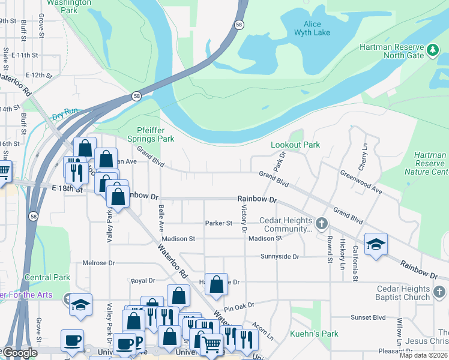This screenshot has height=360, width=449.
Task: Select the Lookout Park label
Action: tap(295, 145)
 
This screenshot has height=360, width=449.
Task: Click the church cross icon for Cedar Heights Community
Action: tap(322, 224)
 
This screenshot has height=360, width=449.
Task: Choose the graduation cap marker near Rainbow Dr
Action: tap(376, 244)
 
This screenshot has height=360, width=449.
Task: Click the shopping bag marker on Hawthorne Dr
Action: tap(217, 284)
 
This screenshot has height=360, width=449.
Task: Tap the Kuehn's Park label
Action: tap(314, 334)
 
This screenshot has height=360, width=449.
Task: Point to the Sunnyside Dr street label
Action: tap(279, 256)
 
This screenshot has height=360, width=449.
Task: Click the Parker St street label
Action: tap(218, 223)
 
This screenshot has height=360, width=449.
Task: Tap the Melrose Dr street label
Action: tap(98, 263)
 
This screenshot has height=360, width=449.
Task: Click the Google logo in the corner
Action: tap(19, 353)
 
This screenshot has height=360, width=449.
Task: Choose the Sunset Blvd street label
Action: tap(368, 317)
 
